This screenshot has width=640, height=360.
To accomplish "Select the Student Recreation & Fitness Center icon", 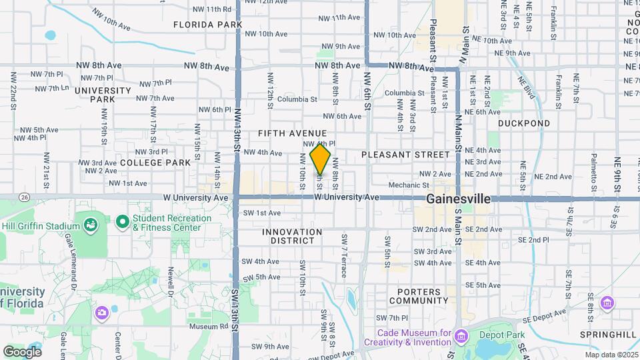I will point(122,221).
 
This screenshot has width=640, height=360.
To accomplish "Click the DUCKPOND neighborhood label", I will point(524,123).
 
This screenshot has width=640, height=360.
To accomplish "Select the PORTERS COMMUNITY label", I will point(419,296).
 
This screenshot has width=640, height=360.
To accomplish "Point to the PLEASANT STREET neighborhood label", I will point(406,155).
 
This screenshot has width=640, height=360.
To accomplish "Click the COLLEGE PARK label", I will point(155,163).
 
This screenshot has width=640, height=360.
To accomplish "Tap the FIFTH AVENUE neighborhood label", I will point(293,134).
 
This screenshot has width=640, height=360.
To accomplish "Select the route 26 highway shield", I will point(25,197).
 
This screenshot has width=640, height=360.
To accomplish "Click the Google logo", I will point(22,351).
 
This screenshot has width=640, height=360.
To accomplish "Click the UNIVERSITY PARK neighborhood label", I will point(103,95).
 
